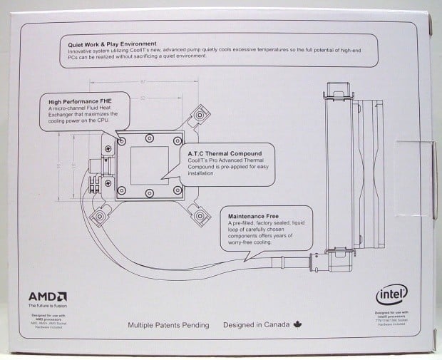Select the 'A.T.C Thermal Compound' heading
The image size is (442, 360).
(225, 153)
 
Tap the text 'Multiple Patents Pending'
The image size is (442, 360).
(168, 325)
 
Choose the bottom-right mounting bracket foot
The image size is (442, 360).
(202, 212)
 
